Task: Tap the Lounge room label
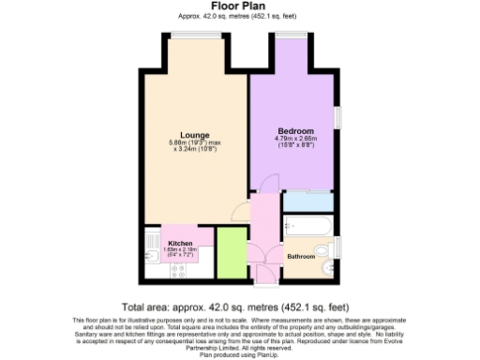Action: click(x=194, y=134)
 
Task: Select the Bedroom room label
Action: click(x=295, y=130)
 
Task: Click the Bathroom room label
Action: click(x=300, y=256)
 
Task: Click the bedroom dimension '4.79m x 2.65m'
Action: click(x=296, y=139)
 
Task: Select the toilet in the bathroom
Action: click(x=324, y=251)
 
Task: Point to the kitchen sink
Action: click(x=151, y=249)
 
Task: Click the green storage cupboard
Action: click(x=231, y=252)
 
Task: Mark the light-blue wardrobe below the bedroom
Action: click(x=309, y=200)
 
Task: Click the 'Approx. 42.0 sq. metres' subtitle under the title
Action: click(x=240, y=17)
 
